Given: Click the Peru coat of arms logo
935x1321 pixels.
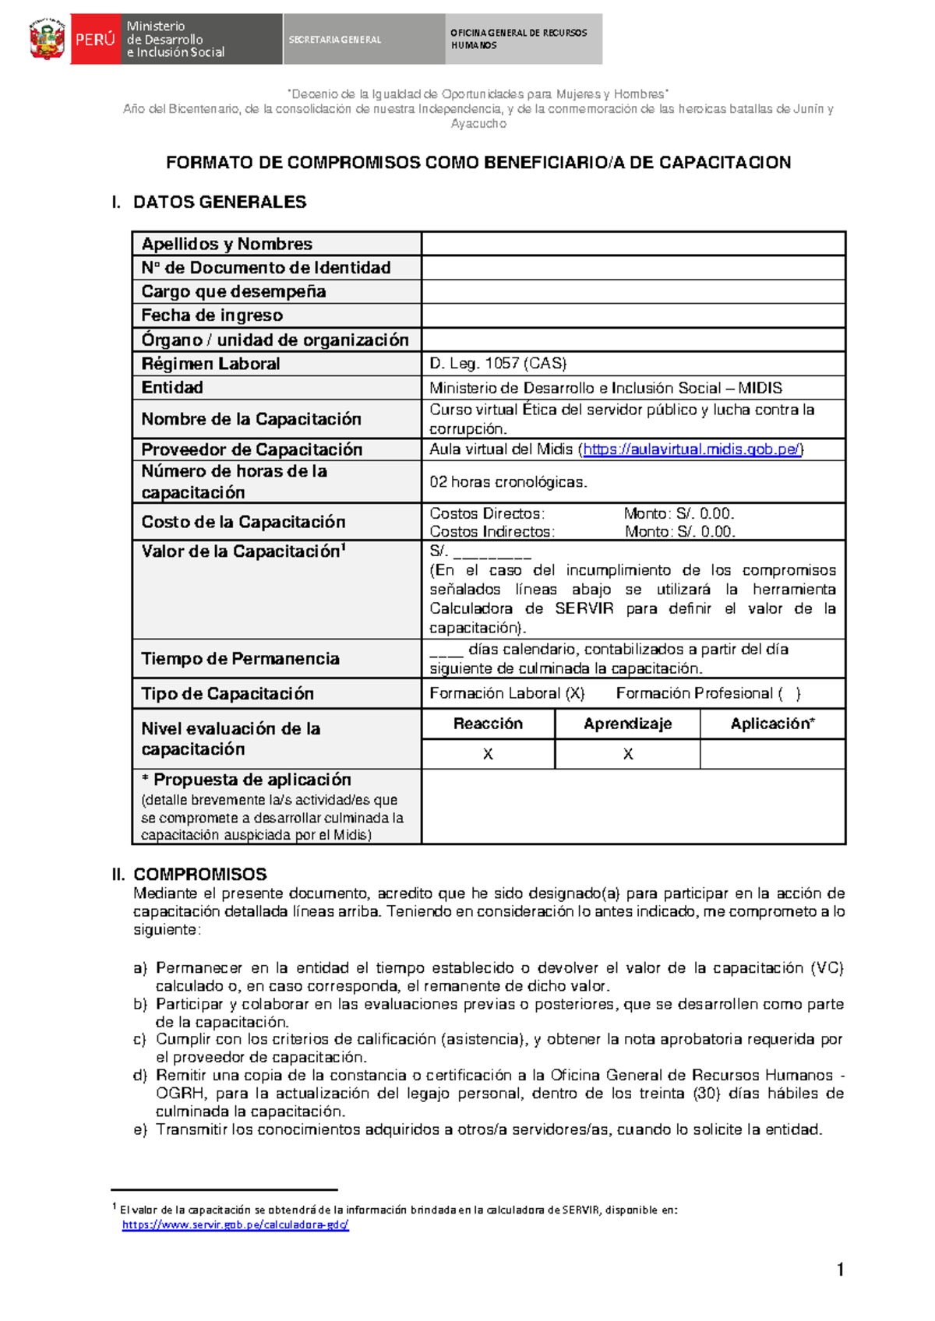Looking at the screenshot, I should point(47,39).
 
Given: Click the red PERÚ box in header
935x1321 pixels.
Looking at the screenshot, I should point(95,39).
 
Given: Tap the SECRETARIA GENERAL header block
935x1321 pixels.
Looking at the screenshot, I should point(363,39).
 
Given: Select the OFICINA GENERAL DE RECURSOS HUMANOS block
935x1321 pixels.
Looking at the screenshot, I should point(523,39).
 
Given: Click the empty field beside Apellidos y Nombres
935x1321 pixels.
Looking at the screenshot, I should point(633,244).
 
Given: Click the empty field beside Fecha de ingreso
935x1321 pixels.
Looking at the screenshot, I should point(633,315).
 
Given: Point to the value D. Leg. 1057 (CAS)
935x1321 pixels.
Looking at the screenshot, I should point(498,364).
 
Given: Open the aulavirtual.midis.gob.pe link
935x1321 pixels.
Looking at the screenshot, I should point(692,449).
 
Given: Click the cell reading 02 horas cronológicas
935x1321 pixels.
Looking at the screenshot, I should point(508,482).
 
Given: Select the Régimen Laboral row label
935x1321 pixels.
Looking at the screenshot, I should point(210,364).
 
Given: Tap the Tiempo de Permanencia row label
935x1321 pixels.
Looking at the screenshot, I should point(240,659).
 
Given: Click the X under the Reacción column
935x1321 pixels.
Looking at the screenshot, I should point(488,754).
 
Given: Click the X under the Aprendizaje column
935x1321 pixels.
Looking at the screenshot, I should point(628,754).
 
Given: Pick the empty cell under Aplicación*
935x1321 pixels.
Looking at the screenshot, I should point(772,754).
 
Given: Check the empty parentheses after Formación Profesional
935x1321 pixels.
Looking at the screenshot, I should point(789,693).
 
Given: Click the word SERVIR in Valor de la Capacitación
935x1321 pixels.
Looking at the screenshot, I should point(584,608).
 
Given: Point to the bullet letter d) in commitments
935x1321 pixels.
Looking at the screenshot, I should point(140,1076).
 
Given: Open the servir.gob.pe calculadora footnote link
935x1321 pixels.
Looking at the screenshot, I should point(235,1224).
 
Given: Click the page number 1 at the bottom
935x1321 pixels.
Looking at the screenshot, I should point(840,1270).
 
